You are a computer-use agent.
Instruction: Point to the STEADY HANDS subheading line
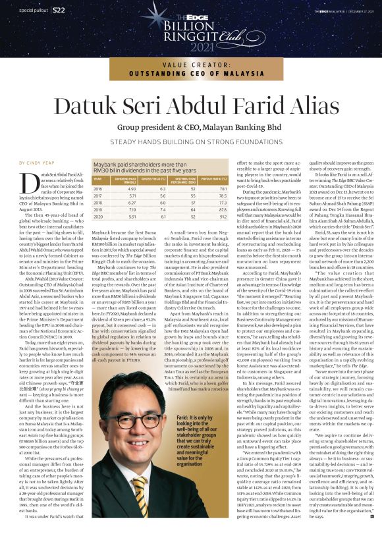(190, 140)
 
